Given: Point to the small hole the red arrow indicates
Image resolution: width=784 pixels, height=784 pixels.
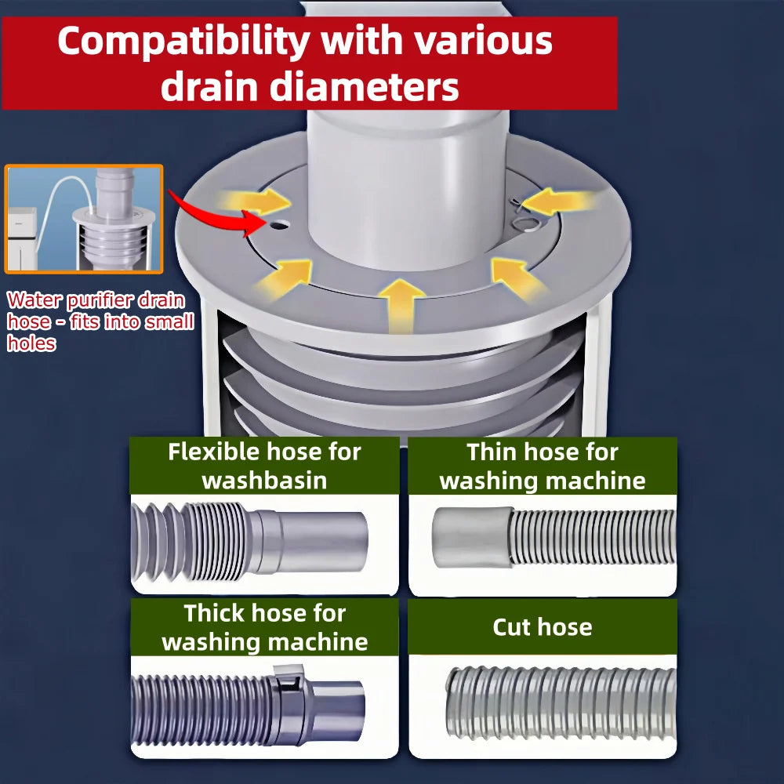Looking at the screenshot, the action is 279,226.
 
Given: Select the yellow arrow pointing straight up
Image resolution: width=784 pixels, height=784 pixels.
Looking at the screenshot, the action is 401,305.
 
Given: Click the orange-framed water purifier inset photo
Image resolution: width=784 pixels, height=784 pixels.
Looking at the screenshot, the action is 84,219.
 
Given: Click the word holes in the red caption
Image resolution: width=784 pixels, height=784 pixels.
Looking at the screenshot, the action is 31,343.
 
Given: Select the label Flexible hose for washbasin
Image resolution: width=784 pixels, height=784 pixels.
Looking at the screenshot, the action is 264,466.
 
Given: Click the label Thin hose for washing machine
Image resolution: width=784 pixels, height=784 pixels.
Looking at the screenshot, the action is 543,466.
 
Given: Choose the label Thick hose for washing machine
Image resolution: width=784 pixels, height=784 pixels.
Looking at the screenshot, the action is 264,627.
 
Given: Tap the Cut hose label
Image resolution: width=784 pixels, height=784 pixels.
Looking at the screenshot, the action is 543,626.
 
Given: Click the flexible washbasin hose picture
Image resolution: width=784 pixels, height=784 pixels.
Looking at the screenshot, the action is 249,542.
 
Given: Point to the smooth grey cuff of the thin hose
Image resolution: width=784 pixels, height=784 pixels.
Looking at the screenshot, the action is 471,537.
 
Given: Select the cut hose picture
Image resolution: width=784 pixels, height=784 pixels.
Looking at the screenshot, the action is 561,702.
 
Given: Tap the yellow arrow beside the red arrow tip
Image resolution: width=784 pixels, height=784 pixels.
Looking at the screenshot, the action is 257,201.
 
